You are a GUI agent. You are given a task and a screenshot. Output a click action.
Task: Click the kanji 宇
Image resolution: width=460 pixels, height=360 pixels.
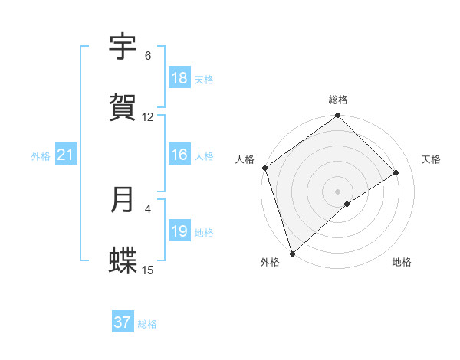(123, 47)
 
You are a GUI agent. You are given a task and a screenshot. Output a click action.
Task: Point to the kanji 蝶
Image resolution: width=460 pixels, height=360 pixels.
(123, 260)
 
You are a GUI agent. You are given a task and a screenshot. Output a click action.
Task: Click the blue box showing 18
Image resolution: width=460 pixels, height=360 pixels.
(179, 78)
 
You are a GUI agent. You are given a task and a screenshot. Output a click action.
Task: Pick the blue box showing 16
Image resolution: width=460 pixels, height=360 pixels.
(179, 155)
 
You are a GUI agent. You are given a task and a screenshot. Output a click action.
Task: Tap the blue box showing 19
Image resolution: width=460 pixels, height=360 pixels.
(179, 231)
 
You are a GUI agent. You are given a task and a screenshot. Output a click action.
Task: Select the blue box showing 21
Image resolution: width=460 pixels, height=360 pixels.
(66, 155)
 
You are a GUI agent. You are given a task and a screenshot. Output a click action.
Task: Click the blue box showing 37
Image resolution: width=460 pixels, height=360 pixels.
(123, 322)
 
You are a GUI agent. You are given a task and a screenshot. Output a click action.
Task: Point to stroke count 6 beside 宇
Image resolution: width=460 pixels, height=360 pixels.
(148, 56)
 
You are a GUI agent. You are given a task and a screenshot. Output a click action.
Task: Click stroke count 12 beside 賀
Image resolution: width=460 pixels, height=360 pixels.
(148, 117)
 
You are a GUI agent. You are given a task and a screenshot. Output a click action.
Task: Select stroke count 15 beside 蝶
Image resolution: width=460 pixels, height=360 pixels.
(148, 270)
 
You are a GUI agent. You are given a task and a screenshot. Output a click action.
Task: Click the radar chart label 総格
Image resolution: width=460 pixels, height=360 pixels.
(338, 100)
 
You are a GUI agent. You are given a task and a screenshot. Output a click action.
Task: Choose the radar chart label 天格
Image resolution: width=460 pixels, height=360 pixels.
(431, 159)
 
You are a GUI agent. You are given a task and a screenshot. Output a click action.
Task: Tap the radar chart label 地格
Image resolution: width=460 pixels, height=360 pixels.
(402, 262)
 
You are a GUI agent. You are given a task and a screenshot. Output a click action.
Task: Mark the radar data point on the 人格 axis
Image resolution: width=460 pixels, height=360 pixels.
(264, 168)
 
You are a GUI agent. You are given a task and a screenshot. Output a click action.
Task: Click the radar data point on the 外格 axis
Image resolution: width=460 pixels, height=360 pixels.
(291, 253)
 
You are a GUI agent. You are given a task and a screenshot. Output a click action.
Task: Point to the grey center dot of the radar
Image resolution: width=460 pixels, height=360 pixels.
(338, 191)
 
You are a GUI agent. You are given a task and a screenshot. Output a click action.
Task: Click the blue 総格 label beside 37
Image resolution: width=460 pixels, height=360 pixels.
(147, 324)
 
